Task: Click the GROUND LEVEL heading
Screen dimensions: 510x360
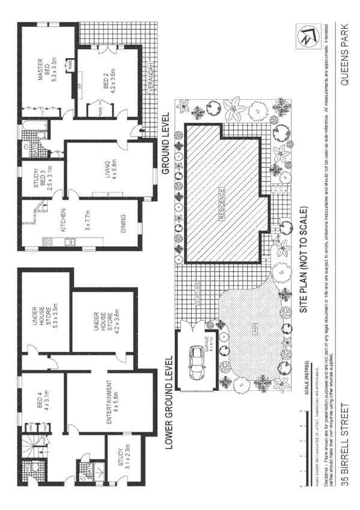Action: [x=166, y=144]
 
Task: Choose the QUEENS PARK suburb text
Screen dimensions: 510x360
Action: [x=345, y=55]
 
